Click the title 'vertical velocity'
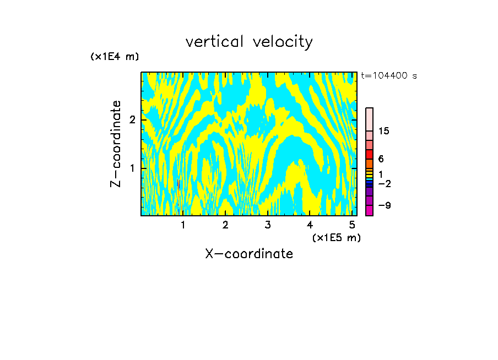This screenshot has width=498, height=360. (x=249, y=42)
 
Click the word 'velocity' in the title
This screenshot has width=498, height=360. (x=282, y=42)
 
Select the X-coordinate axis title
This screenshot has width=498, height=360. (x=249, y=254)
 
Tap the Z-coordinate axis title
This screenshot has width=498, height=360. (x=116, y=144)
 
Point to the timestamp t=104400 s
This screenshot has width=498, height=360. (x=389, y=75)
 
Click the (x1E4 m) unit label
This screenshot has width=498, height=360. (x=115, y=56)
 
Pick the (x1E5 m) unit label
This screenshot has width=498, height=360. (x=336, y=237)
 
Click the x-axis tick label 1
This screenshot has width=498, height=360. (x=183, y=225)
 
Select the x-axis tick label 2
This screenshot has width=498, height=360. (x=225, y=225)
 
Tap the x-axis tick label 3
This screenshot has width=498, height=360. (x=268, y=225)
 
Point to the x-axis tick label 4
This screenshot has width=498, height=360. (x=310, y=225)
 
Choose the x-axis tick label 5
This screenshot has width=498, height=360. (x=352, y=225)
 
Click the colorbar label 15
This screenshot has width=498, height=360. (x=384, y=131)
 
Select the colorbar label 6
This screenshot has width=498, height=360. (x=381, y=159)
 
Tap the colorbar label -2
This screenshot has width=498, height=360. (x=384, y=183)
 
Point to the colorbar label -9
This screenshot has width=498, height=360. (x=384, y=205)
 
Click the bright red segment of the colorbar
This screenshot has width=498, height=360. (x=370, y=154)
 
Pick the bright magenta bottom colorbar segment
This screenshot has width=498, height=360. (x=370, y=210)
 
